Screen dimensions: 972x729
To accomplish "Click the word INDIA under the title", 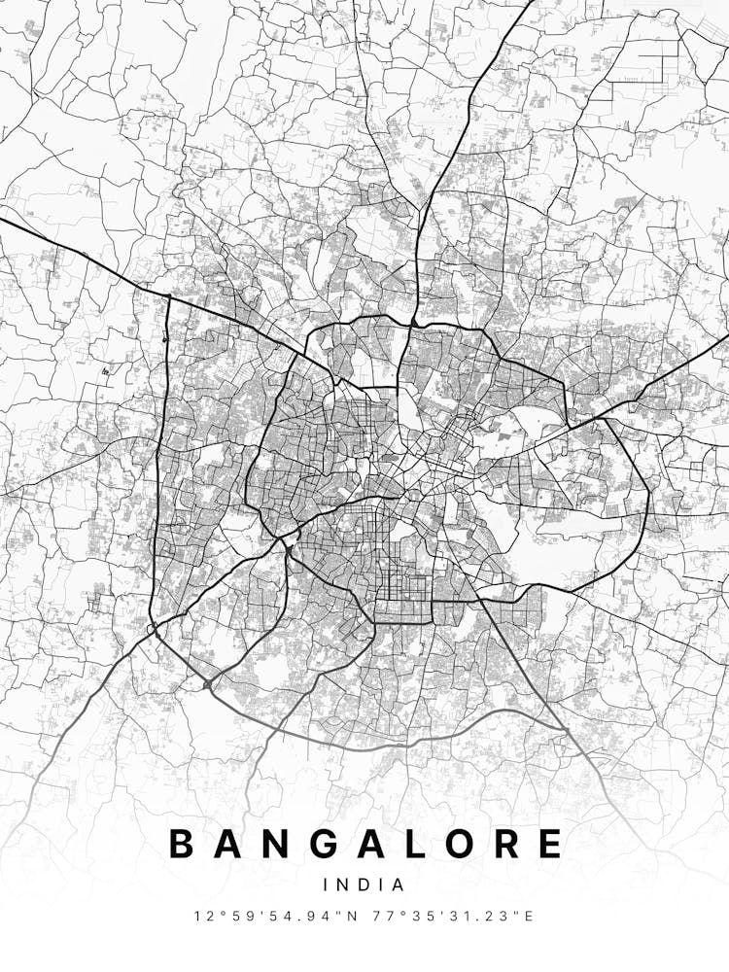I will pos(364,885).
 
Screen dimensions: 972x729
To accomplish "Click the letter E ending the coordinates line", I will pos(530,916).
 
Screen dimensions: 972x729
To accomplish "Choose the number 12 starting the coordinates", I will pos(201,916).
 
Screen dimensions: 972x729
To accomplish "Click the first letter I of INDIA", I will pos(327,885).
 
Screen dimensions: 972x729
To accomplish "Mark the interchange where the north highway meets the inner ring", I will pos(415,322).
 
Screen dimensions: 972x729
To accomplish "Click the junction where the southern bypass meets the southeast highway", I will pos(565,728).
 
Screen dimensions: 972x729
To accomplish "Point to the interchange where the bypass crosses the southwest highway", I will pos(207,685).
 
